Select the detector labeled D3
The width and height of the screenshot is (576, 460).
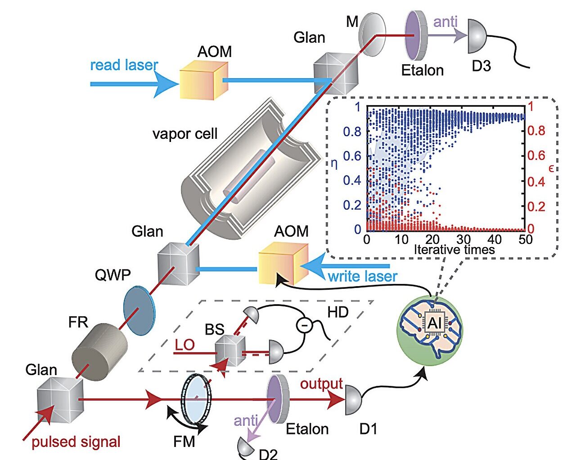pyautogui.click(x=477, y=36)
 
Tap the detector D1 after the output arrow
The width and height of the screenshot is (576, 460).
pyautogui.click(x=354, y=399)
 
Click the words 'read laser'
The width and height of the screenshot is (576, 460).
pyautogui.click(x=124, y=65)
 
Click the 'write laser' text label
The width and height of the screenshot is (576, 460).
pyautogui.click(x=362, y=276)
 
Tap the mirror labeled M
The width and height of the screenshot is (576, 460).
pyautogui.click(x=372, y=35)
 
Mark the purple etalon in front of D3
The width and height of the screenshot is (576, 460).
pyautogui.click(x=415, y=35)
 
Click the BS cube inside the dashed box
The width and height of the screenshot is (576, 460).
pyautogui.click(x=230, y=351)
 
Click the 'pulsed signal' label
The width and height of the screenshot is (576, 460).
pyautogui.click(x=76, y=442)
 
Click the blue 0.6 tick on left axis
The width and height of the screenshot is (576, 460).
pyautogui.click(x=351, y=156)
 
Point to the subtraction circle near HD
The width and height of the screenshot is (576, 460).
pyautogui.click(x=304, y=324)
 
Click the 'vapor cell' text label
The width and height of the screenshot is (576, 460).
pyautogui.click(x=184, y=134)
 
